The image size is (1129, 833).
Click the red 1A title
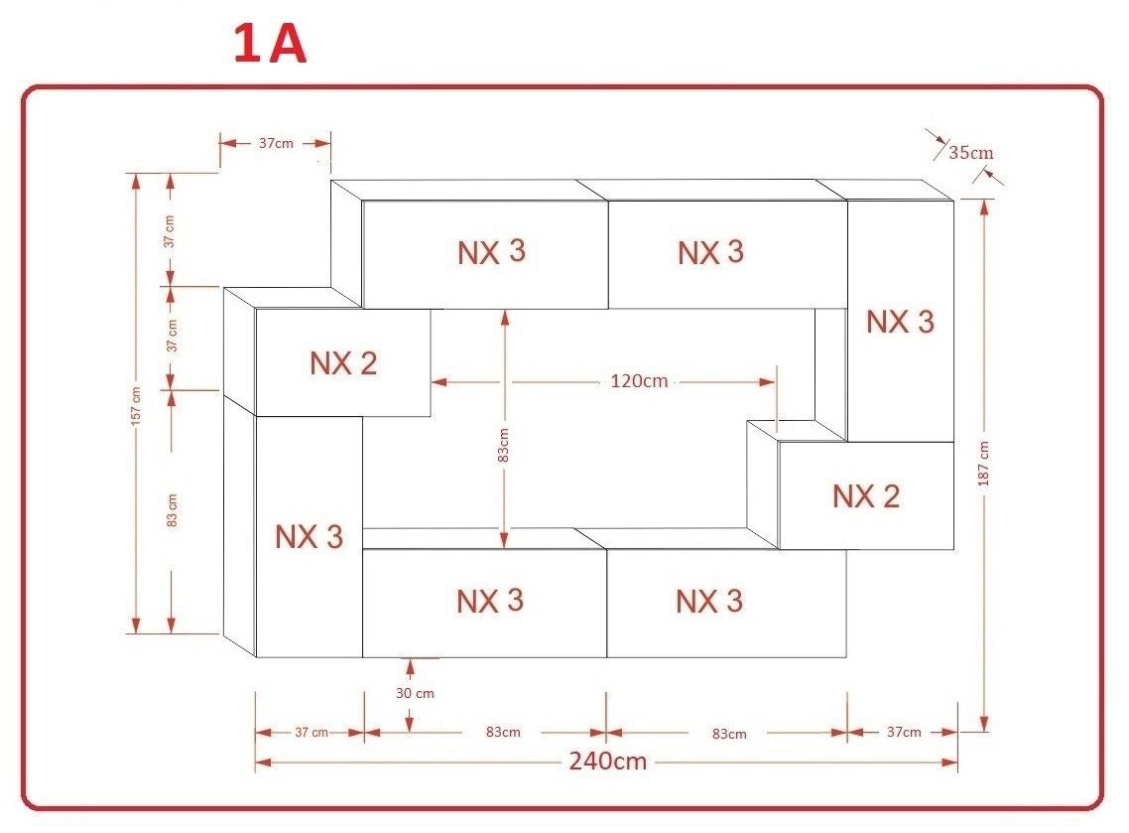tap(270, 46)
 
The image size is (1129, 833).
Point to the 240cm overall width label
tap(607, 762)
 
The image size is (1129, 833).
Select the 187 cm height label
tap(984, 465)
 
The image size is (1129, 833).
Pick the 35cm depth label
tap(970, 153)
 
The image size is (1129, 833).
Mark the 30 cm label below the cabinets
tap(415, 693)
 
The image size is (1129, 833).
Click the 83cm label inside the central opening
tap(504, 445)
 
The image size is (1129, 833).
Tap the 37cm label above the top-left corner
tap(275, 143)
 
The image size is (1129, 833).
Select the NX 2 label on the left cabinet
tap(343, 363)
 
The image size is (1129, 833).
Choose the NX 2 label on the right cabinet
tap(865, 495)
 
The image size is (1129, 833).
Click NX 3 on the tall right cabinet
tap(900, 322)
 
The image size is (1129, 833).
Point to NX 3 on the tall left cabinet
tap(309, 537)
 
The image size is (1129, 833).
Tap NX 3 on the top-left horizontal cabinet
tap(491, 252)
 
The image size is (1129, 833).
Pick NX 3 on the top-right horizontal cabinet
tap(710, 252)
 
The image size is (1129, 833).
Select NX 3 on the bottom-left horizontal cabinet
tap(490, 601)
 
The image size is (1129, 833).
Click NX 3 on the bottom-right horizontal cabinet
tap(709, 601)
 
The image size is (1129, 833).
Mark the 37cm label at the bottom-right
tap(903, 733)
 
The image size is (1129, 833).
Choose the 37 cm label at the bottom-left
tap(312, 733)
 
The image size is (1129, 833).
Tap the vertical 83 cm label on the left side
tap(172, 509)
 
